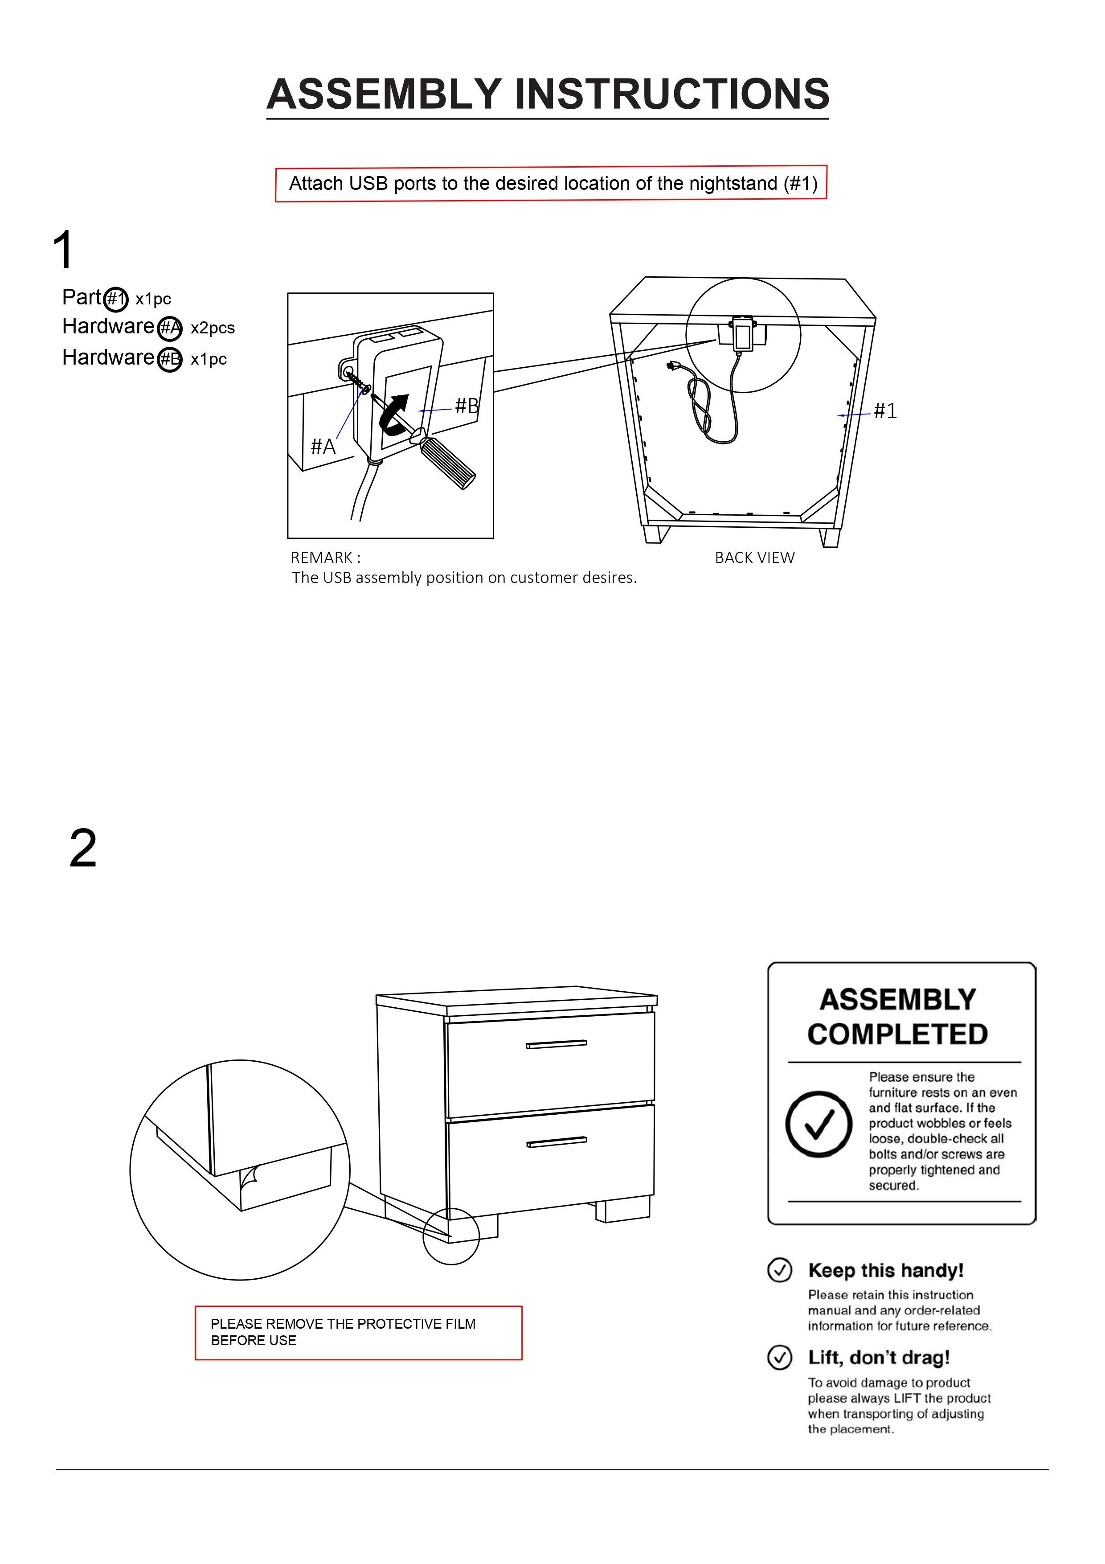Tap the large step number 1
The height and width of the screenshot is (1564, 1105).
tap(63, 250)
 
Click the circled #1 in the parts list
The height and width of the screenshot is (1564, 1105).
tap(116, 299)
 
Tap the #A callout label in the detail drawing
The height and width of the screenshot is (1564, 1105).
tap(323, 447)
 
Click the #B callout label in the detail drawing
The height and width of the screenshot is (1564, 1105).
tap(467, 406)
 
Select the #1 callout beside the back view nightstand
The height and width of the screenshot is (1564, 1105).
tap(885, 411)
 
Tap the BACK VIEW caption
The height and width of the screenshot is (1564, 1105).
tap(754, 558)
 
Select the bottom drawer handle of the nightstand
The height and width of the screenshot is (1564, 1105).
tap(556, 1142)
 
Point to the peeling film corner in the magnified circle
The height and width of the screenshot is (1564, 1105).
tap(250, 1176)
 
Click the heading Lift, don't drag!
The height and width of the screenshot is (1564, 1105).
tap(878, 1358)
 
